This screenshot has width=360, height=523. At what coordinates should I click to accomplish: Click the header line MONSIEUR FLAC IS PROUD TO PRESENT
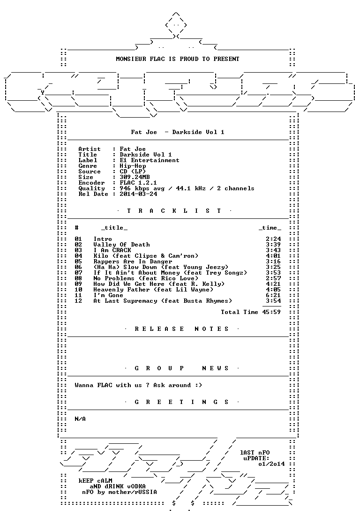coord(178,59)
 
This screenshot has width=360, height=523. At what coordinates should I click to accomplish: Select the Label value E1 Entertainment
coord(150,160)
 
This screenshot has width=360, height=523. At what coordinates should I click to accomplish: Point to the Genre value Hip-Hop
coord(133,166)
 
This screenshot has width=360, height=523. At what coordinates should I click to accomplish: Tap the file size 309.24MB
coord(135,177)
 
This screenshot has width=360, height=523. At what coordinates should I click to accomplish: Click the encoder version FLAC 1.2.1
coord(138,183)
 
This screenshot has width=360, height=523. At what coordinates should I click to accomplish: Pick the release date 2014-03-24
coord(138,194)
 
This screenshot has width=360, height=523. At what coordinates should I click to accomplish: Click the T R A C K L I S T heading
coord(174,211)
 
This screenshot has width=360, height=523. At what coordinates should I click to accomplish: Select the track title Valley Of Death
coord(121,245)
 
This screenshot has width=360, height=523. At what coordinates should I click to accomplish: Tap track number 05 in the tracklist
coord(78,261)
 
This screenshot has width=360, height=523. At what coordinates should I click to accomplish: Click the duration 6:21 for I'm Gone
coord(273,295)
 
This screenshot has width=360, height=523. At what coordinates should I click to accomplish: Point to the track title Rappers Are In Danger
coord(133,261)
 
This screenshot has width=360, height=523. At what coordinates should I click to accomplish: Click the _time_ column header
coord(270,228)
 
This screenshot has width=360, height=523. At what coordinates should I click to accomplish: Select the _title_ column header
coord(114,228)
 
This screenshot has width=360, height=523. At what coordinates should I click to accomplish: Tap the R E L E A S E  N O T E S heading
coord(181,329)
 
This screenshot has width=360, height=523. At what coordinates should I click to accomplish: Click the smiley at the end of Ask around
coord(199,385)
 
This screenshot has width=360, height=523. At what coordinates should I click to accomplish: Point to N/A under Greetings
coord(80,419)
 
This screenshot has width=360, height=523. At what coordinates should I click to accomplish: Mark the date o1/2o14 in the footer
coord(271,464)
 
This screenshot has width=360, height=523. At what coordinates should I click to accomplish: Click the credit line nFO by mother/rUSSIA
coord(120,492)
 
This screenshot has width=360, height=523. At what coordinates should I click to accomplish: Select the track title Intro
coord(103,239)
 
